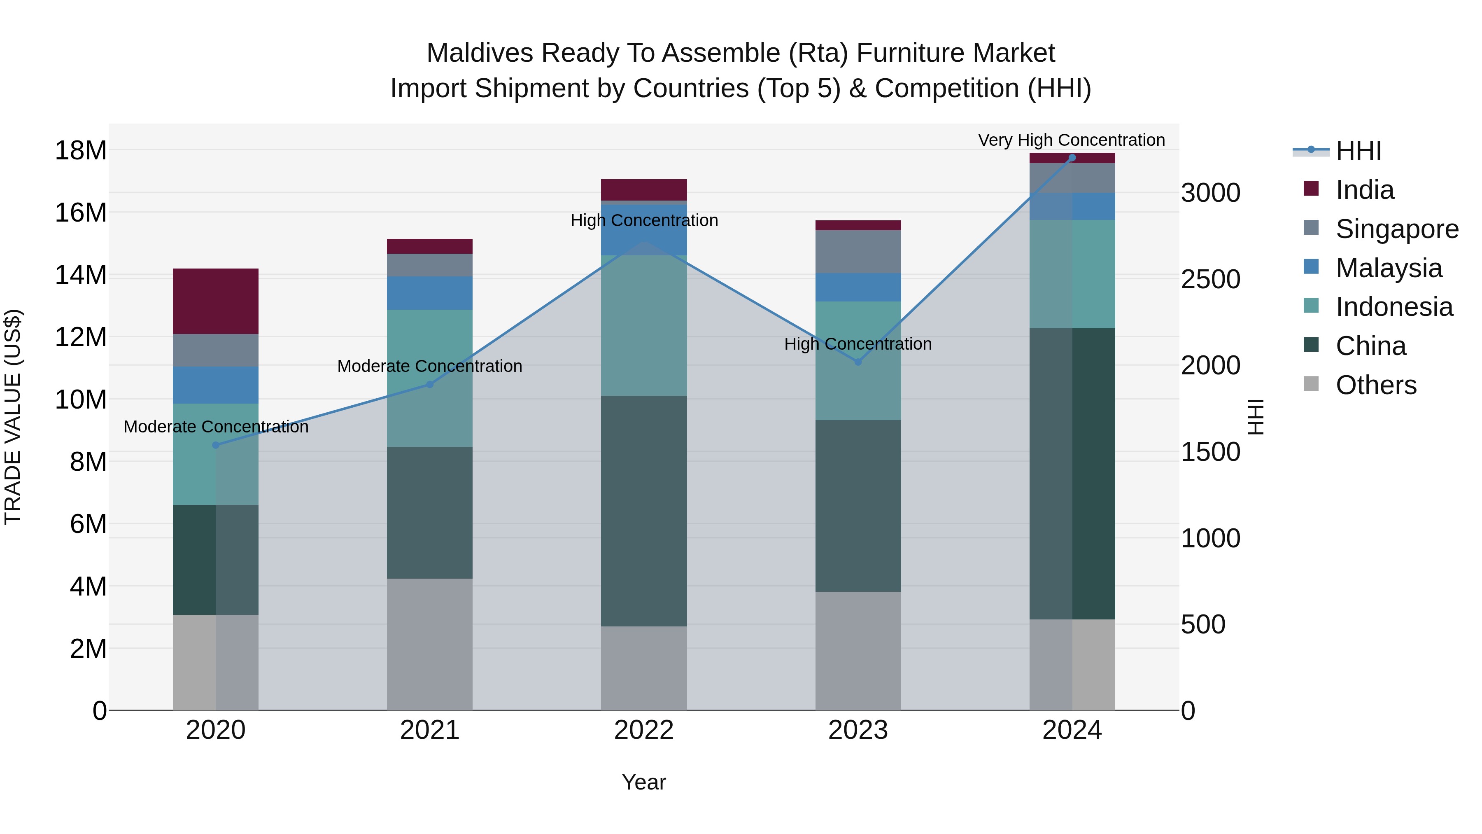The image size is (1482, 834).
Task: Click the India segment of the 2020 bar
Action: coord(215,301)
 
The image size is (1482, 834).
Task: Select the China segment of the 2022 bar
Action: coord(644,511)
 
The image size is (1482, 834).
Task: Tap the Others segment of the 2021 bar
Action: coord(429,644)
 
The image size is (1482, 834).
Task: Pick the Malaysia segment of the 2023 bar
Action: coord(858,287)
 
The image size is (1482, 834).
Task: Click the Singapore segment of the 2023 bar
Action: coord(858,252)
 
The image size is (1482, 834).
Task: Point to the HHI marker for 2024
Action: coord(1072,158)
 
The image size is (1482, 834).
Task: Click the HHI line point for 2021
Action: coord(429,384)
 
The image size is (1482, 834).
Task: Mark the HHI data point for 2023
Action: coord(858,362)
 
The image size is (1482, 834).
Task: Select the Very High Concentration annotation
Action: coord(1071,140)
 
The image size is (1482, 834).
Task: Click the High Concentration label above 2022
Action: coord(644,220)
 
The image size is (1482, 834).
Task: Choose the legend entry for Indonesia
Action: coord(1393,307)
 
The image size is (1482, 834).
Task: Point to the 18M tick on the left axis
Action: coord(81,151)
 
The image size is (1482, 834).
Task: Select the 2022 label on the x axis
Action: coord(644,730)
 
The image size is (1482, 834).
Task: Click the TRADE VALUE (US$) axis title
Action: coord(13,417)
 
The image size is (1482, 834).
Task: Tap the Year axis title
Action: coord(644,782)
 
